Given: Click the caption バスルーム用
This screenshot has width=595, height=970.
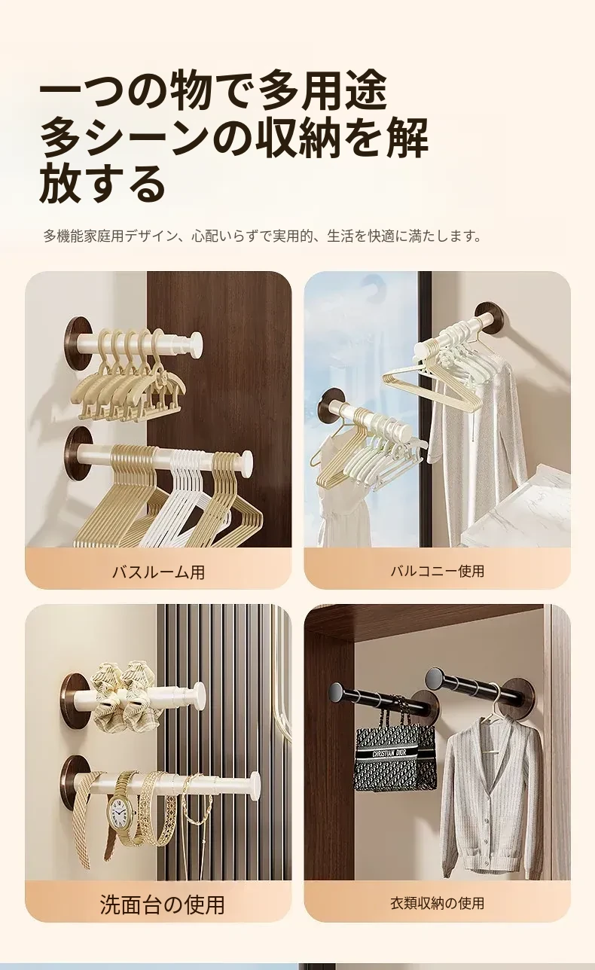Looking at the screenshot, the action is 158,572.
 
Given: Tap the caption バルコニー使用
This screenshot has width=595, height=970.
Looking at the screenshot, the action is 438,571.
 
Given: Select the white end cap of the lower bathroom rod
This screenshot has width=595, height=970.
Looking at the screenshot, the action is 247,460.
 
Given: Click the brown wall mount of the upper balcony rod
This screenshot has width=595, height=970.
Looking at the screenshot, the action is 488,316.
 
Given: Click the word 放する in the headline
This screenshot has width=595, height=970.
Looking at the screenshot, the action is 103,182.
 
